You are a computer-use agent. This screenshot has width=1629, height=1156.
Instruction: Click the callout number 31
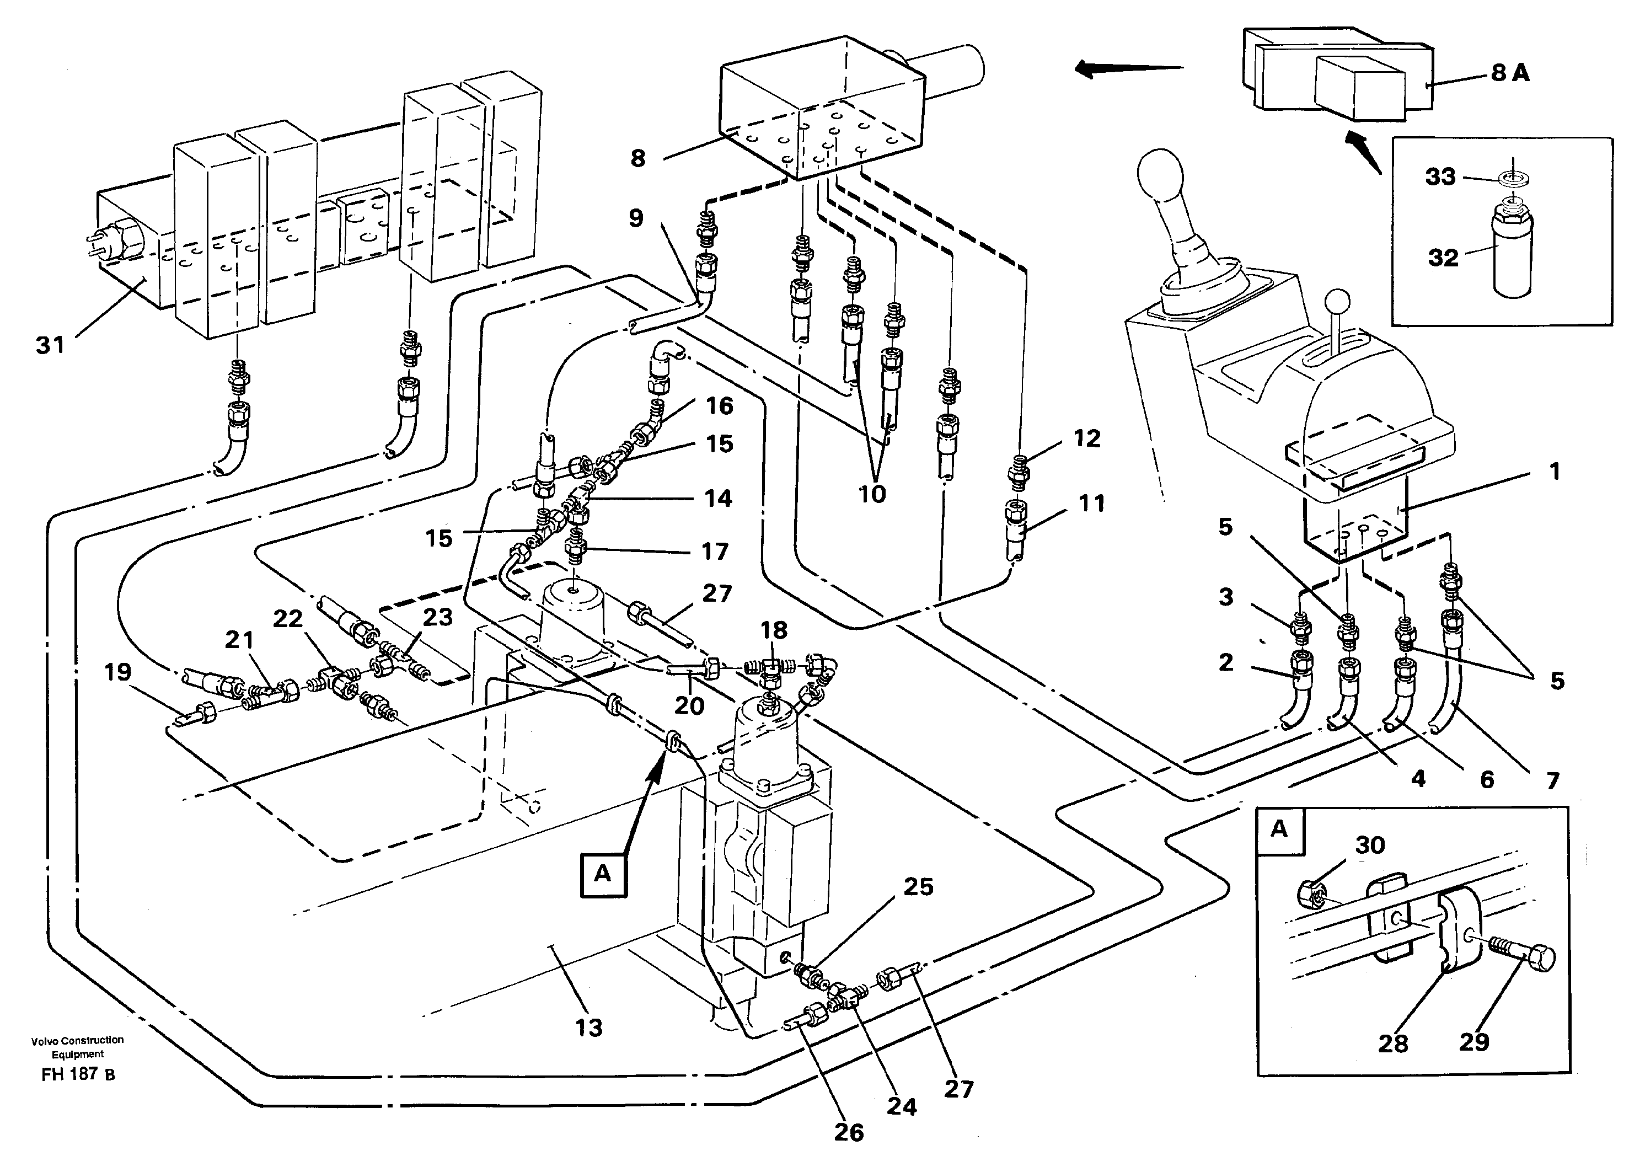(50, 346)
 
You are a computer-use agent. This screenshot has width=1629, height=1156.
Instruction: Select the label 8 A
(1510, 73)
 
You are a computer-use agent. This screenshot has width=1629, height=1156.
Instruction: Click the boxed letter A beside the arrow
(603, 874)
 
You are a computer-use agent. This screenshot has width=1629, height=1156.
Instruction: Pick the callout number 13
(588, 1027)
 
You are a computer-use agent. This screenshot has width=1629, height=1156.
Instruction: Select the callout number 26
(848, 1132)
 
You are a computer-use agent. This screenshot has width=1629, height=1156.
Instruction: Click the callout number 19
(118, 672)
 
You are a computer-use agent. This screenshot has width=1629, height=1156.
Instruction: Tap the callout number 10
(872, 493)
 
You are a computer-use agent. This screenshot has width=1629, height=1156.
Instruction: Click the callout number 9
(635, 218)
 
